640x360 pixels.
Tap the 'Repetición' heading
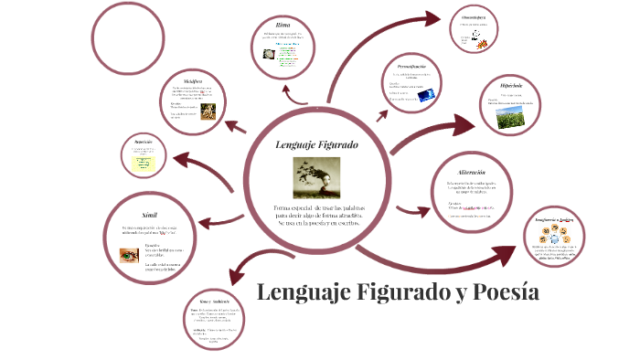click(143, 143)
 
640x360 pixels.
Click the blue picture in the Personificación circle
click(425, 95)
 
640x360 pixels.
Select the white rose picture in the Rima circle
click(270, 54)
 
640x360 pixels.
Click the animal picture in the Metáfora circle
click(208, 110)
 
